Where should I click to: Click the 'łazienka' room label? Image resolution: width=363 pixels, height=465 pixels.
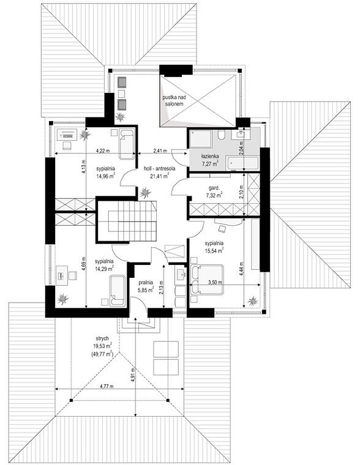(210, 155)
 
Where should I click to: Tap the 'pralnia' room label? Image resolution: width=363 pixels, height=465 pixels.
(146, 283)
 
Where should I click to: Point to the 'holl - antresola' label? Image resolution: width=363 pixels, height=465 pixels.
(159, 169)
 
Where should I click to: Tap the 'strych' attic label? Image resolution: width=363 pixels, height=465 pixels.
(102, 338)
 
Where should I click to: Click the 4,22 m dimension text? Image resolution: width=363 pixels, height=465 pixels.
(103, 151)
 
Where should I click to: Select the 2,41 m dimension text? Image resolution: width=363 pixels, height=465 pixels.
(160, 151)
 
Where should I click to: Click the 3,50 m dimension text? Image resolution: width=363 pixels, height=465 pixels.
(215, 282)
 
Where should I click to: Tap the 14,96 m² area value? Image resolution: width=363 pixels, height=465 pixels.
(106, 176)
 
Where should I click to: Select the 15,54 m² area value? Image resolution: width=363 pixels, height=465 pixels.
(214, 251)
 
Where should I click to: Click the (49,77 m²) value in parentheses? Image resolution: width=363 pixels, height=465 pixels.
(103, 353)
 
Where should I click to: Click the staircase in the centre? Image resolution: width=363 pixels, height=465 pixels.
(127, 221)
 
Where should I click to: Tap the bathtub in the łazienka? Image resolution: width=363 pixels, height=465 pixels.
(243, 164)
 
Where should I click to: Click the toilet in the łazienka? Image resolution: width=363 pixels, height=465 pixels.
(221, 135)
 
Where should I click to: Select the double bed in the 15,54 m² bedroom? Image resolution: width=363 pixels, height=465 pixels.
(207, 280)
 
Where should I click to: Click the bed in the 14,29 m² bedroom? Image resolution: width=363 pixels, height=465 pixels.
(118, 291)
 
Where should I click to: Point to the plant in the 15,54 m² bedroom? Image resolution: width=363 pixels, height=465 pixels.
(253, 301)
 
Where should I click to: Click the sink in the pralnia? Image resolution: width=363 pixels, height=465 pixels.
(181, 274)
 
